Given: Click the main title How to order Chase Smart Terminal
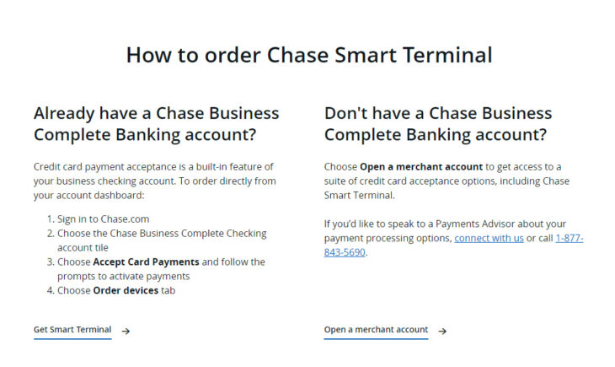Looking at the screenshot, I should (x=308, y=56).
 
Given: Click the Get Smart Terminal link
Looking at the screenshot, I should (x=72, y=330).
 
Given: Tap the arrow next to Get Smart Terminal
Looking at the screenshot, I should (x=126, y=331).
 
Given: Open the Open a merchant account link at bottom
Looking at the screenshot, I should (x=376, y=330).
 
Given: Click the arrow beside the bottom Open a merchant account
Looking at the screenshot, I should (x=442, y=331).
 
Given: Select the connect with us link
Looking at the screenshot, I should (x=489, y=238).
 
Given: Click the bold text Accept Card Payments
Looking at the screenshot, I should (x=145, y=262).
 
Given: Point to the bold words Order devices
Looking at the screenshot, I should (x=126, y=290).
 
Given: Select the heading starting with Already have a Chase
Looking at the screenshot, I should (x=156, y=124).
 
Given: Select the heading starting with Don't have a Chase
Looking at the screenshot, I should (x=438, y=124).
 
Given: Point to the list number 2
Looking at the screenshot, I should (x=50, y=233).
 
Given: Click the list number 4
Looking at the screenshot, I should (x=50, y=290).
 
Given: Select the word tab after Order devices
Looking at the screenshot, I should (x=168, y=290).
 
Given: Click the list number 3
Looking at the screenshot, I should (x=50, y=262).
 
